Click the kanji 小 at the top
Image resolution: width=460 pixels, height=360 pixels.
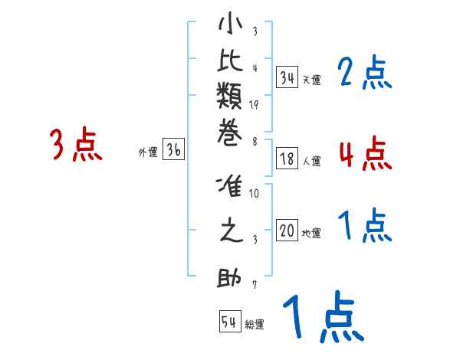(230, 25)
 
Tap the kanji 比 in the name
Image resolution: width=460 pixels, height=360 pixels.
(230, 64)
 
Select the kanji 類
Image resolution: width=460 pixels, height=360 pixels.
(230, 100)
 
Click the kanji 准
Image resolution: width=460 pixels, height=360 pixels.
(230, 188)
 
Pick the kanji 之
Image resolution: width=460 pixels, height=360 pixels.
(230, 231)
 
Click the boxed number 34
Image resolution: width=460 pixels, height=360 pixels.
(287, 77)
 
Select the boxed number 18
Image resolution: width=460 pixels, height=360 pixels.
(287, 159)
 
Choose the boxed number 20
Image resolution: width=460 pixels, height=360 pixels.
(287, 231)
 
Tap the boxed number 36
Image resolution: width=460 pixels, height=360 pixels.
(174, 150)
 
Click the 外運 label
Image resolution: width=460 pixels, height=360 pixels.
(148, 152)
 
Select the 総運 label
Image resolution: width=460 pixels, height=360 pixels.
(255, 325)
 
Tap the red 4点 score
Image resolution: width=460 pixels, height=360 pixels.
(365, 153)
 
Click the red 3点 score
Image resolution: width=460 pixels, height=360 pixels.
(76, 146)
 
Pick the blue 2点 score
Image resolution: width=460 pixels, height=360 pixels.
(365, 74)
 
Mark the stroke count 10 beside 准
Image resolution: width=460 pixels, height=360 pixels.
(254, 194)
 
